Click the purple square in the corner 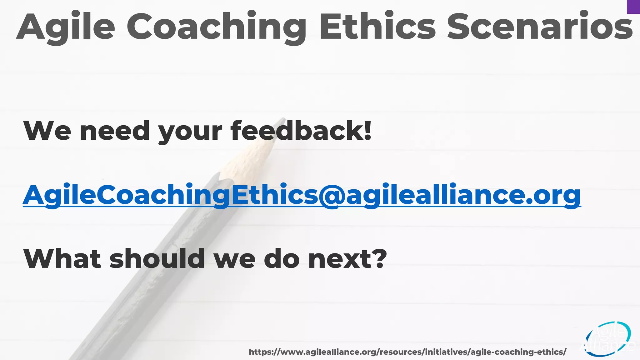pyautogui.click(x=633, y=7)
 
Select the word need pyautogui.click(x=115, y=130)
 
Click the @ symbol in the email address pyautogui.click(x=332, y=195)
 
